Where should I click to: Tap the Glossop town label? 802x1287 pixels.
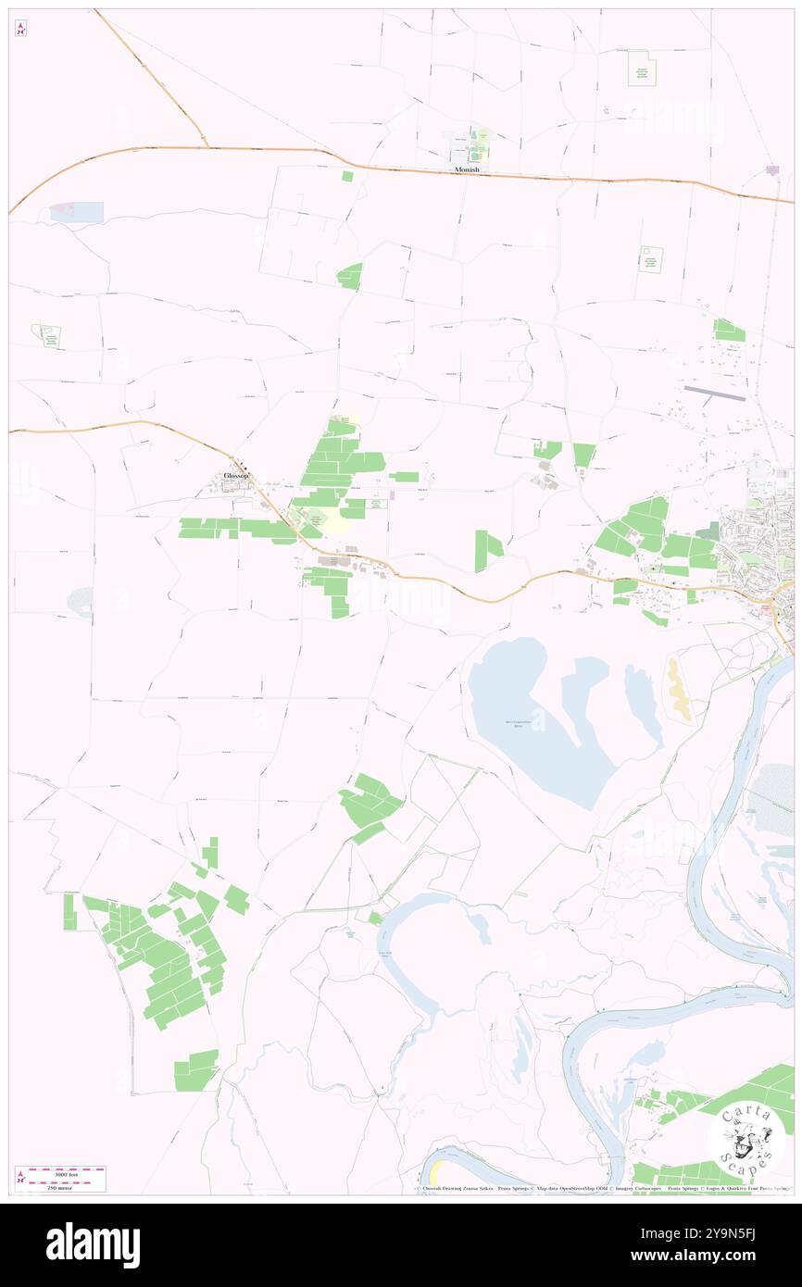click(x=236, y=477)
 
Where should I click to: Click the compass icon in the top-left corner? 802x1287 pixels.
click(x=20, y=29)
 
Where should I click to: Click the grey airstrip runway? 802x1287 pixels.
click(x=714, y=394)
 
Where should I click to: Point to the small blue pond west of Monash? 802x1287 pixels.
click(x=77, y=212)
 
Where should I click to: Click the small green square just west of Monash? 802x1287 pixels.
click(x=347, y=176)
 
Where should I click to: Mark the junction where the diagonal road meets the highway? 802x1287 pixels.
click(x=207, y=146)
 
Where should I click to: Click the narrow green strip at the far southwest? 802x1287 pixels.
click(x=69, y=912)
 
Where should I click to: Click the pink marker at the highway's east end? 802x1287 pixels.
click(x=772, y=169)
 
